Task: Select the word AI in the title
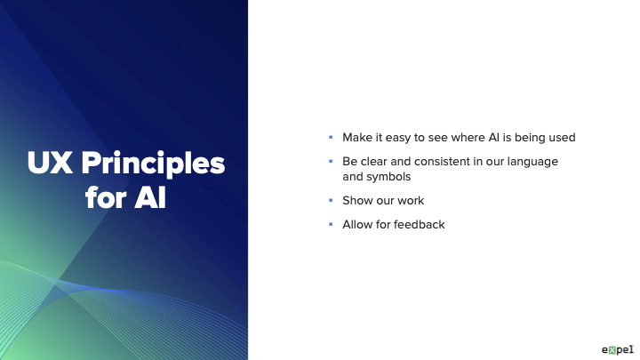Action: click(x=150, y=198)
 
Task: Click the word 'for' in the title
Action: click(x=106, y=197)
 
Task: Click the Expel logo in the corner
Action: click(x=618, y=350)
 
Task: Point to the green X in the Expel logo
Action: click(x=612, y=350)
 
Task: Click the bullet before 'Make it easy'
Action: click(x=331, y=138)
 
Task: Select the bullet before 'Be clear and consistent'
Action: click(x=331, y=162)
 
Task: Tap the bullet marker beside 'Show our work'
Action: click(x=331, y=200)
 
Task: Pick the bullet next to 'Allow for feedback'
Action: click(x=331, y=225)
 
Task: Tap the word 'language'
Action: click(x=532, y=162)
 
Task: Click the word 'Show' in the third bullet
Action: click(x=356, y=200)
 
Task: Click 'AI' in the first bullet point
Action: click(x=494, y=138)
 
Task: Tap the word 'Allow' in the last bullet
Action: click(x=357, y=225)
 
